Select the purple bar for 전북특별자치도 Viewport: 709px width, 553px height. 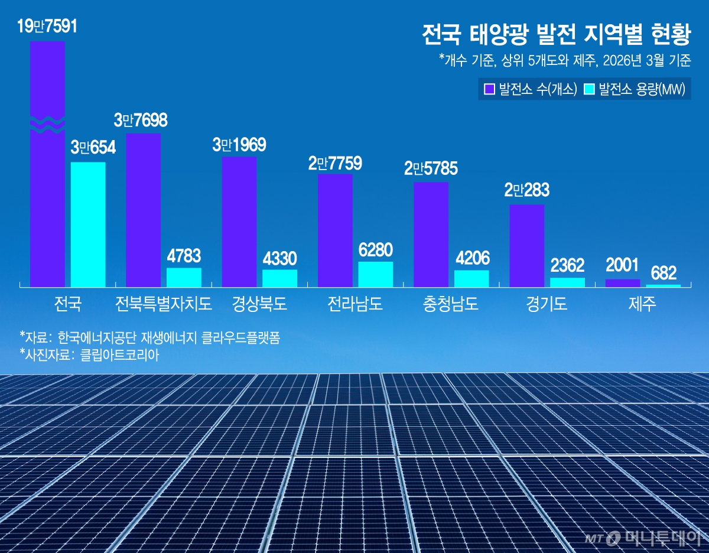point(143,210)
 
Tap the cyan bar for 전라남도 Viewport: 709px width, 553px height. point(375,274)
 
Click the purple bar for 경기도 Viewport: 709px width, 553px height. point(526,246)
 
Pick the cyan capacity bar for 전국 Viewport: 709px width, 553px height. point(88,225)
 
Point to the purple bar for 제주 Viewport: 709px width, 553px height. point(623,283)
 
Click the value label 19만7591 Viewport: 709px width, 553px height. point(47,27)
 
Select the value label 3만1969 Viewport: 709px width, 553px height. point(239,145)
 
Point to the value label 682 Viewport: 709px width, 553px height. point(663,274)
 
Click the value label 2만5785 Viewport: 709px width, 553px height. point(431,170)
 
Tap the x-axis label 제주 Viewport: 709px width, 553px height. point(643,304)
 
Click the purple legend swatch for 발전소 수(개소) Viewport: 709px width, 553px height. point(489,90)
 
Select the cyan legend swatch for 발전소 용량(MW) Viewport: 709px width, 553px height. point(589,90)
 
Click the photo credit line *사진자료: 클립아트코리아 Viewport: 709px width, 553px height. point(89,354)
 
